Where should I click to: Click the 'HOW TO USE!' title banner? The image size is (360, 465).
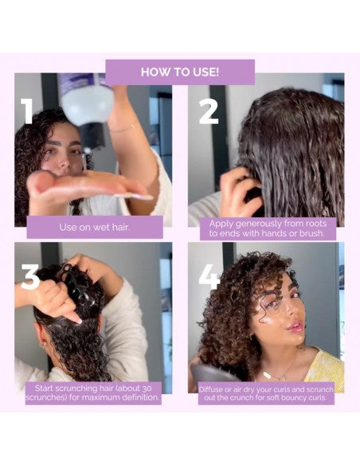(x=180, y=72)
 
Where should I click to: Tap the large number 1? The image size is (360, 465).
(x=27, y=111)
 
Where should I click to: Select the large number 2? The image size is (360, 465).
(x=209, y=111)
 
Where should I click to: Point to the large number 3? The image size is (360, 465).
(x=29, y=277)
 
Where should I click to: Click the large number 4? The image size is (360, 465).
(x=209, y=277)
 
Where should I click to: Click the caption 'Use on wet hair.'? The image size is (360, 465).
(x=89, y=227)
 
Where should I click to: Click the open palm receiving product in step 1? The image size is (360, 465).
(x=80, y=185)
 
